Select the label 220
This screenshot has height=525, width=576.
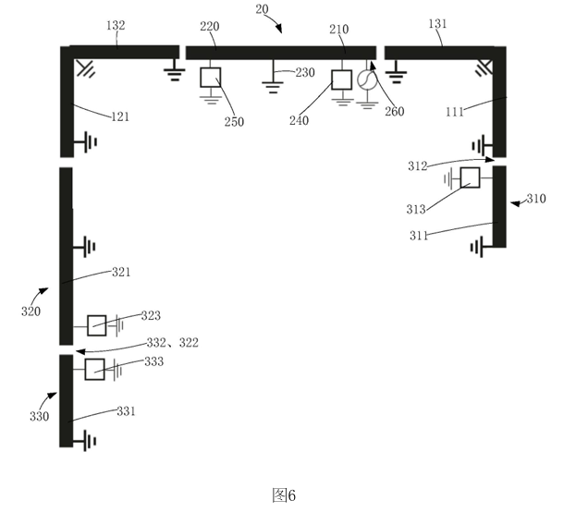210,27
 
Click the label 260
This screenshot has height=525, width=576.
394,112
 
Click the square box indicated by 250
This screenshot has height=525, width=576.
211,77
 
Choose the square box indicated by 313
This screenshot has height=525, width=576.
471,177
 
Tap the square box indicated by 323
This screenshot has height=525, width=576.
97,325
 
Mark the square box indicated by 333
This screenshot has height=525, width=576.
94,370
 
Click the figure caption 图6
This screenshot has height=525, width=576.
284,495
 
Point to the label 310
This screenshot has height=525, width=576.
536,199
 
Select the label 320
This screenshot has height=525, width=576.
31,311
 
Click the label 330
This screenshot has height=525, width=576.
39,416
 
